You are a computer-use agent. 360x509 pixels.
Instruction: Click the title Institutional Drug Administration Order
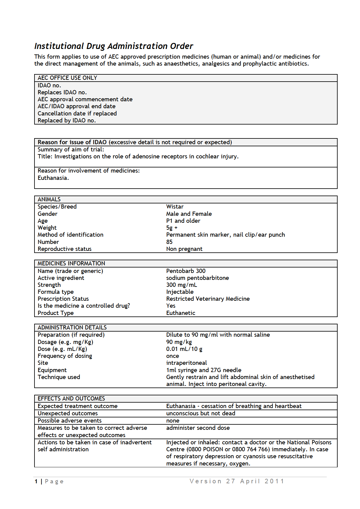(113, 46)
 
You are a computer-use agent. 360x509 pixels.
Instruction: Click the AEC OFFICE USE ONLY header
(67, 78)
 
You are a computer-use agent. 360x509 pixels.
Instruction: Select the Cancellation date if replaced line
(77, 113)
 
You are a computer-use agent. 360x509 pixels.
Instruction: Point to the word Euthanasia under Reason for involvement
(53, 178)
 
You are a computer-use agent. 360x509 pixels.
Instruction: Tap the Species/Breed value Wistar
(175, 206)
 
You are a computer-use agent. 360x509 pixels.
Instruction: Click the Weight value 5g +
(172, 228)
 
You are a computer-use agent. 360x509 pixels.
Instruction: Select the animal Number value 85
(169, 242)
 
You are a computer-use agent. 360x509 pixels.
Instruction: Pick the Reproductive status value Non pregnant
(184, 249)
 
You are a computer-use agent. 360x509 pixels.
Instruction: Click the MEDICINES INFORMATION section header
(71, 263)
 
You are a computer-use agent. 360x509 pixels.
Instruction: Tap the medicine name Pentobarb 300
(186, 271)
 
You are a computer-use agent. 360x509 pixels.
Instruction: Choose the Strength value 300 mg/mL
(182, 285)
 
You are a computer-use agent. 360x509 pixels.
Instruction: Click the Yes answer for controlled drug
(171, 306)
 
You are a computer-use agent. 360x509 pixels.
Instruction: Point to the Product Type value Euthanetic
(181, 313)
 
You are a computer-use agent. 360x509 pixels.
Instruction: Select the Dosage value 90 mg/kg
(179, 342)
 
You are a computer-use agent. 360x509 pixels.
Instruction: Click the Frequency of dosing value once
(172, 356)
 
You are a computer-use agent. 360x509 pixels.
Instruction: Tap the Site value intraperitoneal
(186, 363)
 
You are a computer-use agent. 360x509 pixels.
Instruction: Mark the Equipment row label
(52, 370)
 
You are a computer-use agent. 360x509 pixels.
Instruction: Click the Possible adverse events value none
(173, 420)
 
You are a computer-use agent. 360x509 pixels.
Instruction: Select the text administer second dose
(198, 428)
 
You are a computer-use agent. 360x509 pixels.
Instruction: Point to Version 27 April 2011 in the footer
(237, 481)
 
